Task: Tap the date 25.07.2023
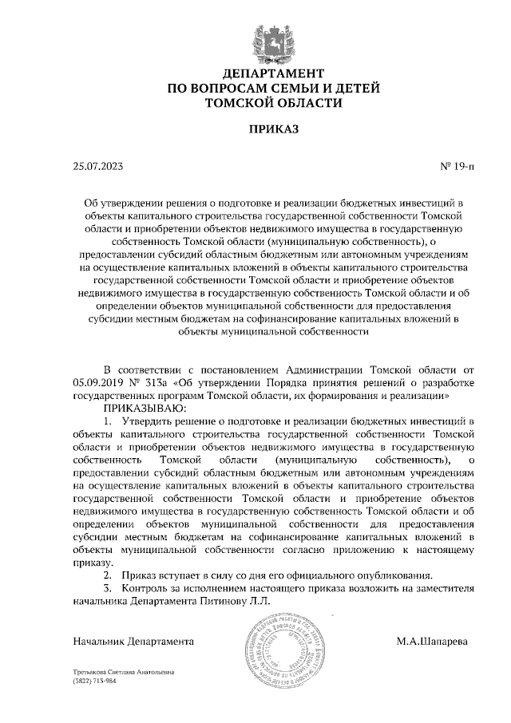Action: click(x=98, y=168)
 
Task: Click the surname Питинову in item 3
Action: click(x=234, y=600)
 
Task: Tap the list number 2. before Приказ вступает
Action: click(x=108, y=575)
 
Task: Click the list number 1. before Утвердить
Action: click(x=108, y=421)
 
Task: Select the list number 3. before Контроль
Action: click(x=108, y=588)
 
